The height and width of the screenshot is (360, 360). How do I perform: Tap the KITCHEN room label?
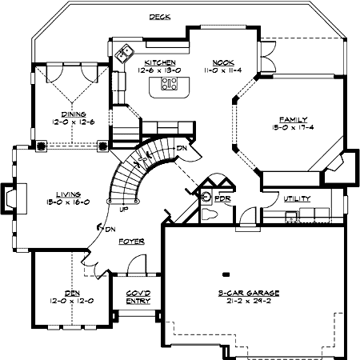pos(160,62)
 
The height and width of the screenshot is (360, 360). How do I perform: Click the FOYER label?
pos(130,241)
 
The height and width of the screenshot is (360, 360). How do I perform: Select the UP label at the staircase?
pos(124,210)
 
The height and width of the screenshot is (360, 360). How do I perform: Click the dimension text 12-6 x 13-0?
pos(160,70)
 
